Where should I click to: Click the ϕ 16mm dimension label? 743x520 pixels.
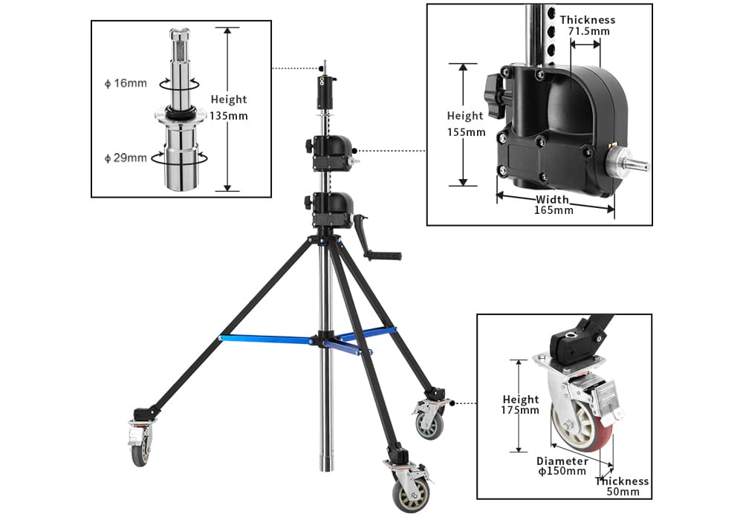click(x=126, y=82)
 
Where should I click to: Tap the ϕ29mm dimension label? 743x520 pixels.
click(x=126, y=157)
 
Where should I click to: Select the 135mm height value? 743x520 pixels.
click(x=229, y=115)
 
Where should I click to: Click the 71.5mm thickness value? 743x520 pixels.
click(x=588, y=32)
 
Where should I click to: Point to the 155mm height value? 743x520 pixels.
click(x=466, y=132)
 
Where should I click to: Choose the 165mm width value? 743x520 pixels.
click(x=554, y=210)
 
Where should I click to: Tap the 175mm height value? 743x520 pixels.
click(x=520, y=410)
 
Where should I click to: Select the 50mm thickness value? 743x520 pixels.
click(x=622, y=492)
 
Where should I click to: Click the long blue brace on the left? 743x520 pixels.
click(x=266, y=339)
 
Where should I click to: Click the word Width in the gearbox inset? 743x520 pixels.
click(x=554, y=199)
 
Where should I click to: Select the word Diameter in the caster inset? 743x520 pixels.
click(x=562, y=461)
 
